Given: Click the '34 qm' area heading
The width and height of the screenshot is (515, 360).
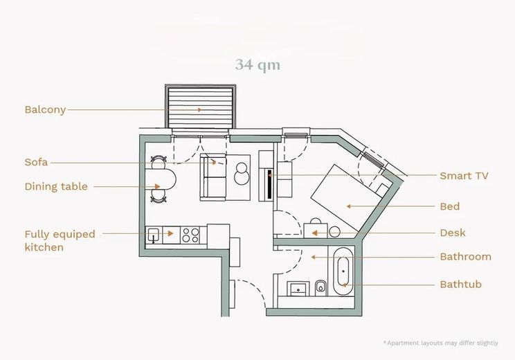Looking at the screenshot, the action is point(257,64).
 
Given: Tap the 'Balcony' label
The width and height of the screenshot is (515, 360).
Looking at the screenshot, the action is point(45,109).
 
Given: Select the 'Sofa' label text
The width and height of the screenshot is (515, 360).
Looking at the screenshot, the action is point(36,162).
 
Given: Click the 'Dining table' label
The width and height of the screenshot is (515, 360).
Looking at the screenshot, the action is point(56,186).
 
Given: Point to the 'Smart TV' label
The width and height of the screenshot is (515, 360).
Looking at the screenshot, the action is point(464,176).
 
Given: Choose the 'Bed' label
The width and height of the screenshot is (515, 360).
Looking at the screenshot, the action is point(450,206).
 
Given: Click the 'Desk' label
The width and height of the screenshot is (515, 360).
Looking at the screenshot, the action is point(453,233).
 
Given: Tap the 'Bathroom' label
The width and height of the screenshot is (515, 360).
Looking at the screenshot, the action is point(466,257).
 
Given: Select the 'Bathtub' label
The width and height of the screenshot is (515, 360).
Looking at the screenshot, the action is point(461,284).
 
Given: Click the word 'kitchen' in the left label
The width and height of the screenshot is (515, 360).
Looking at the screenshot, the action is point(44,247).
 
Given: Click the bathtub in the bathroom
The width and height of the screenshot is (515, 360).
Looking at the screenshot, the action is point(343,271).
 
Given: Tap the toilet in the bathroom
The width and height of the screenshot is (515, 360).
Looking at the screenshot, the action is point(320,289).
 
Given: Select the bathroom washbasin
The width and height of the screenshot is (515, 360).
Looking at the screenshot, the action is point(298,289).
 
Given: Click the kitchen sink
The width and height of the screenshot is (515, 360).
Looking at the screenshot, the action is point(154,235).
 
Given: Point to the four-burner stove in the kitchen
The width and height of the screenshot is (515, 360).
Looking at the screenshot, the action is point(190,235).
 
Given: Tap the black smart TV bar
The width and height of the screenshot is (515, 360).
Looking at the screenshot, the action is point(270,184).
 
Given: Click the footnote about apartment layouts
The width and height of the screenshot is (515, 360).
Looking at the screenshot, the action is point(440,343).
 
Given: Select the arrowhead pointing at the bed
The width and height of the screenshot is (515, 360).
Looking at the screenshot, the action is point(349,206).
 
